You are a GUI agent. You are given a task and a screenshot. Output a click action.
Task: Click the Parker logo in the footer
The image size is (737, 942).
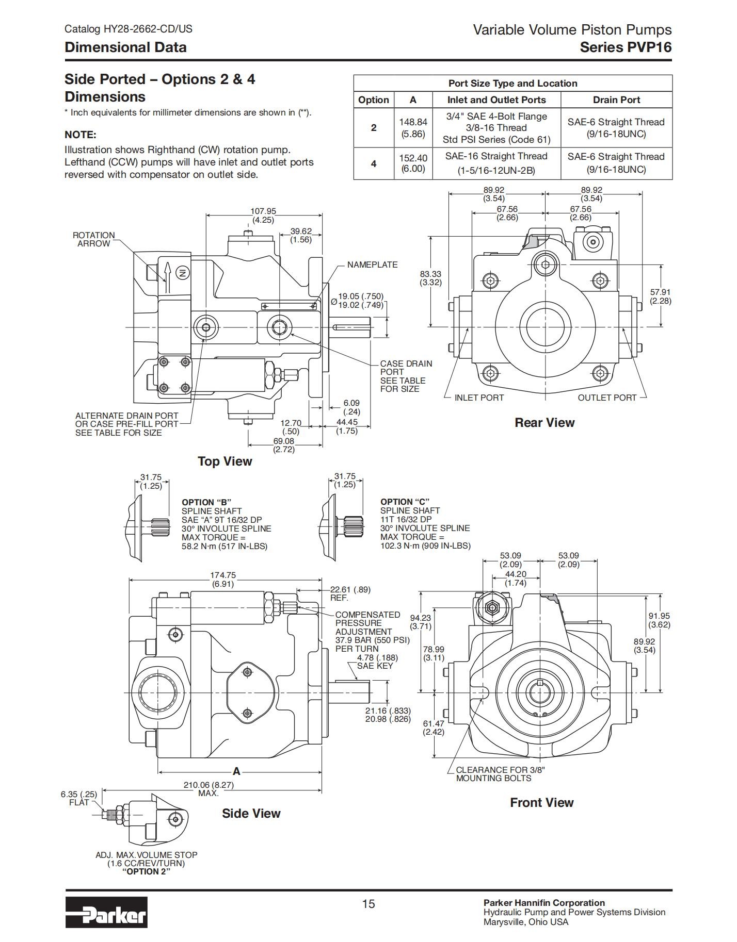pos(106,912)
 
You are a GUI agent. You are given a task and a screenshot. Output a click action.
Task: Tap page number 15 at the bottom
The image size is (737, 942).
pos(369,904)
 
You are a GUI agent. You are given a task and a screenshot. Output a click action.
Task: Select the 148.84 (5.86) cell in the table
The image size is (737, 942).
pos(413,128)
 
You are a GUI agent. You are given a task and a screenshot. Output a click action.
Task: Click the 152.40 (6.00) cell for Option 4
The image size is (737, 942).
pos(413,163)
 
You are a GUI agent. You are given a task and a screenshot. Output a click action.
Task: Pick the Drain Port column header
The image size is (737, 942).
pos(616,100)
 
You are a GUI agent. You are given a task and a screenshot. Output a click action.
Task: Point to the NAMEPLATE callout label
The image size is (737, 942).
pos(372,265)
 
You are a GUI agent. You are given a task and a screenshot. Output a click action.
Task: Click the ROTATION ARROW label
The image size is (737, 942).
pos(93,239)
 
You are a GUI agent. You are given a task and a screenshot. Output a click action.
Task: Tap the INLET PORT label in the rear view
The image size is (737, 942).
pos(479,398)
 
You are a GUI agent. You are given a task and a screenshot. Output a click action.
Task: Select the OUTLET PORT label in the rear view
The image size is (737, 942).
pos(607,398)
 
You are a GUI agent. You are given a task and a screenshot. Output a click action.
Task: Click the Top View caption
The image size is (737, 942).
pos(225,461)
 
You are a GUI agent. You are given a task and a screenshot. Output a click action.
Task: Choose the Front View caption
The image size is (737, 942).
pos(541,803)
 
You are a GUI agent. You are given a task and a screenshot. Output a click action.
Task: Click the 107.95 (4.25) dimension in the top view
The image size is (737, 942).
pos(263,216)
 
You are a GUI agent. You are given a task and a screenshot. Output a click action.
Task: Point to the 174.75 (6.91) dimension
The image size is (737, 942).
pos(223,580)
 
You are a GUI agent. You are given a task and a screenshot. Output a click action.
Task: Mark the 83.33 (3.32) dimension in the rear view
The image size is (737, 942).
pos(430,278)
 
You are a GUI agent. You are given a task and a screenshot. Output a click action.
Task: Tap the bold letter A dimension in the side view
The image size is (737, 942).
pos(236,771)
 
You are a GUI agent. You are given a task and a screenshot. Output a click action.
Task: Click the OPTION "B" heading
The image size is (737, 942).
pos(206,502)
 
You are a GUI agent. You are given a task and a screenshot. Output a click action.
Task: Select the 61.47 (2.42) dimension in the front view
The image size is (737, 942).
pos(434,728)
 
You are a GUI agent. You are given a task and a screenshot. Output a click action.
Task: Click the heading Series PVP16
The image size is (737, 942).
pos(626,47)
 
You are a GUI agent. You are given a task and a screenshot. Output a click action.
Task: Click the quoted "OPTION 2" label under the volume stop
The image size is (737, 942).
pos(147,871)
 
